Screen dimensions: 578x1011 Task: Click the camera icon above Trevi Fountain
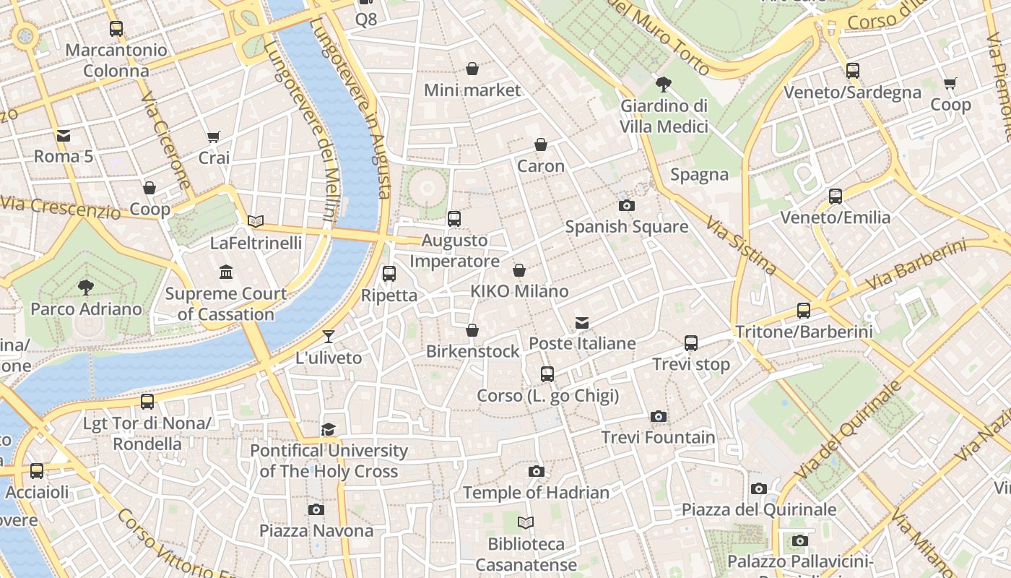click(x=658, y=417)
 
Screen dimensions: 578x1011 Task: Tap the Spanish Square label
click(x=626, y=227)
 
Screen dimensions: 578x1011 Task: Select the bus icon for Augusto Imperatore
click(x=454, y=219)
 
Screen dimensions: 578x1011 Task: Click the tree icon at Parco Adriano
click(x=86, y=288)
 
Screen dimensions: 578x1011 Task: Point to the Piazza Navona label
click(x=316, y=531)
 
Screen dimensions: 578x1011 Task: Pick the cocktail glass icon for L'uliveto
click(x=329, y=337)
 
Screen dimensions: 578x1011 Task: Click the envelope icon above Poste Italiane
click(x=582, y=323)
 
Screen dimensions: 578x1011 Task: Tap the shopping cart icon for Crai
click(x=214, y=137)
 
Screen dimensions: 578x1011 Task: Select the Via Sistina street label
click(x=742, y=246)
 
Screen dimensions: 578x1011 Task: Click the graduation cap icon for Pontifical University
click(x=329, y=430)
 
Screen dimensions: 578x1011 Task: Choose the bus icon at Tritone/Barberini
click(x=804, y=311)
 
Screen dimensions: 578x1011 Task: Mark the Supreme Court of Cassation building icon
click(x=226, y=272)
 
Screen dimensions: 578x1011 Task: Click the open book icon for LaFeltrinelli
click(x=256, y=222)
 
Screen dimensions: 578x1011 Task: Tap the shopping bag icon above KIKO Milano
click(x=519, y=270)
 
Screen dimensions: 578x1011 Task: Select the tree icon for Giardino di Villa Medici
click(x=664, y=85)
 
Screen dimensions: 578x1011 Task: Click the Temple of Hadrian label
click(x=536, y=493)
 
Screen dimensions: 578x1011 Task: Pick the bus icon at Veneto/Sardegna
click(x=853, y=71)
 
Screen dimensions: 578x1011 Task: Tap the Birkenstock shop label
click(x=472, y=352)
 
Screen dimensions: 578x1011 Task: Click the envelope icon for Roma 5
click(x=64, y=135)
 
